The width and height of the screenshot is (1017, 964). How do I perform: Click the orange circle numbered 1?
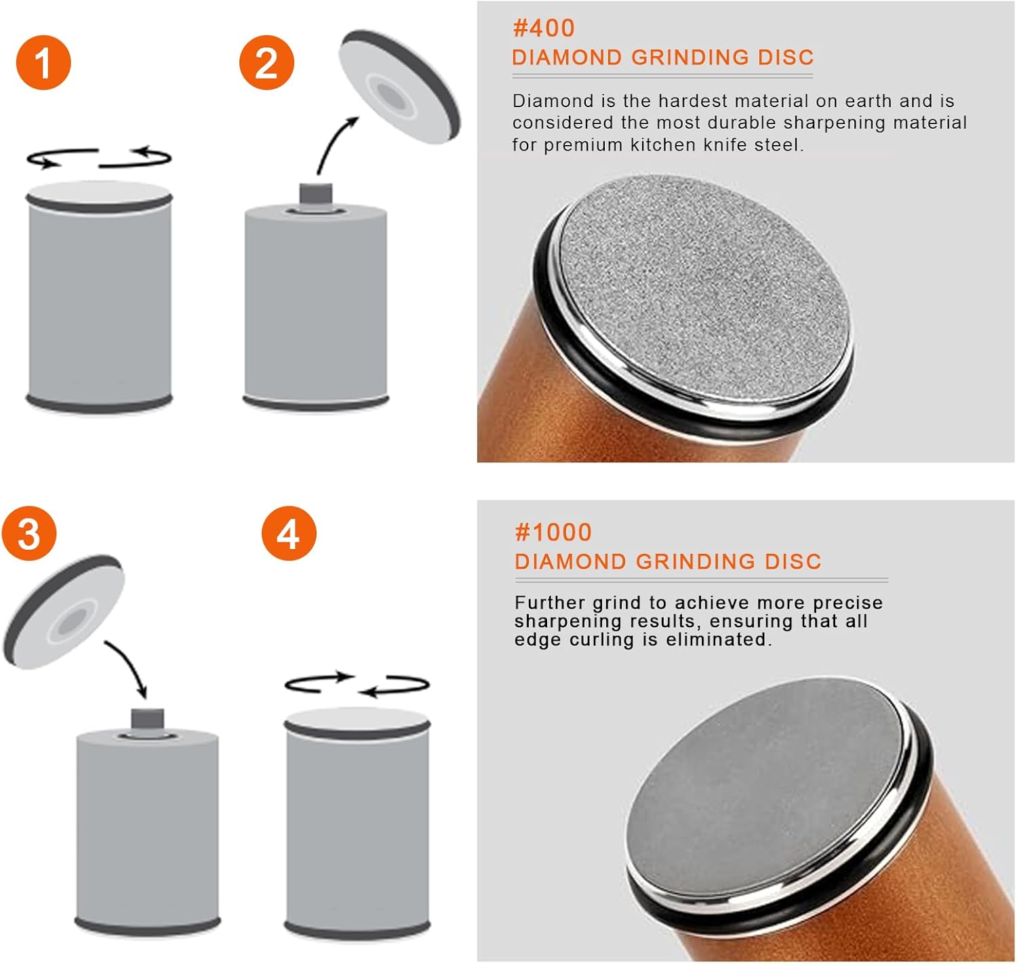(x=43, y=62)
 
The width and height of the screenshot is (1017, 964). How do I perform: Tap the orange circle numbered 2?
(x=266, y=62)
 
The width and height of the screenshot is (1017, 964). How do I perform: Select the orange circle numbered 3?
(x=29, y=534)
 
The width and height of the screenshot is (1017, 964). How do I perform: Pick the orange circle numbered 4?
(x=289, y=534)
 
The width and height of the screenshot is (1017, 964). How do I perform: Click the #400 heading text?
(x=544, y=28)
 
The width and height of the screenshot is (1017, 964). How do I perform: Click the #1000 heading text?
(x=553, y=532)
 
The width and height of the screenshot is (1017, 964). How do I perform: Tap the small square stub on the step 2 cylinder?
(x=315, y=193)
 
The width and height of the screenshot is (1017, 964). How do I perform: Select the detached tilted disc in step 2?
(x=399, y=87)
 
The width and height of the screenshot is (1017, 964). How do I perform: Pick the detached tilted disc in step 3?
(x=64, y=612)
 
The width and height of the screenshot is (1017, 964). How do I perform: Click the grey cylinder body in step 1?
(x=99, y=300)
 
